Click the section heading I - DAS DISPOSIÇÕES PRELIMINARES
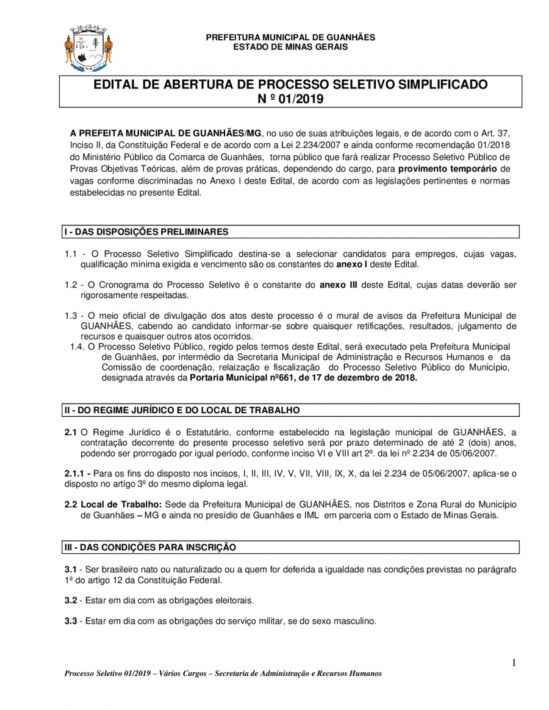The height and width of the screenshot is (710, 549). coord(147,232)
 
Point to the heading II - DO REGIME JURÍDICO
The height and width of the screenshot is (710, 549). coord(182,410)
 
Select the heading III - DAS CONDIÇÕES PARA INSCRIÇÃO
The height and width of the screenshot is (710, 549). coord(150,547)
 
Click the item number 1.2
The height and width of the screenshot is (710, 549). coord(71,285)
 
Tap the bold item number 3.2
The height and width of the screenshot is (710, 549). coord(71,600)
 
